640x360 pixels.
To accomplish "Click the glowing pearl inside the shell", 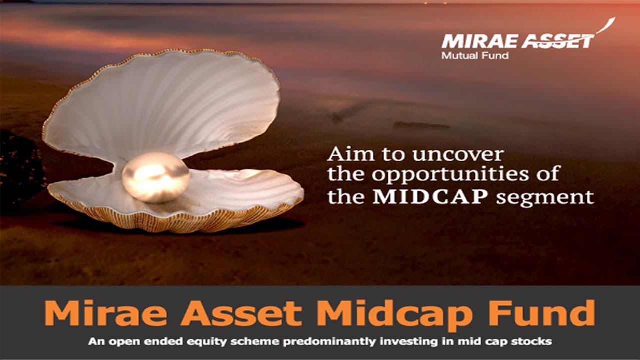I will click(156, 177).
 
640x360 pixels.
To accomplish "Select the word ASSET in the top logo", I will click(557, 41).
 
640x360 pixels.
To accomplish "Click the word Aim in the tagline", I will click(345, 154).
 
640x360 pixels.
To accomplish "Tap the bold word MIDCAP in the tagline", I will click(430, 196).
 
